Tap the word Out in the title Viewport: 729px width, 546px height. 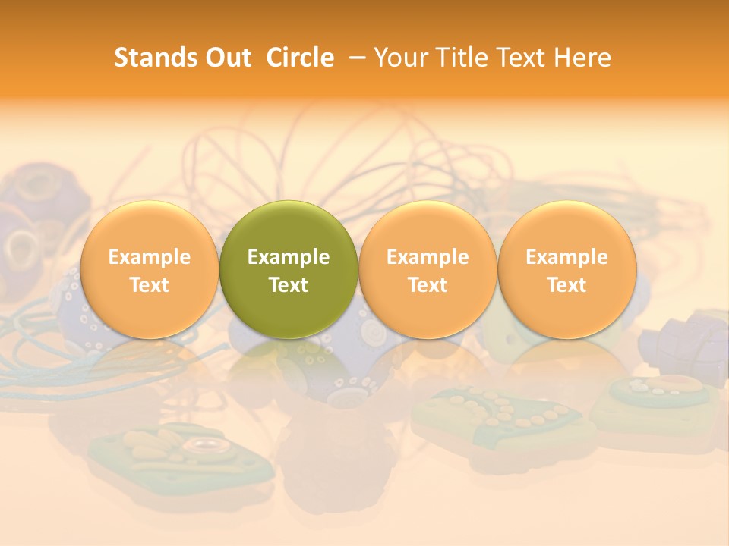click(226, 58)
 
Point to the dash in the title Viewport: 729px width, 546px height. click(354, 58)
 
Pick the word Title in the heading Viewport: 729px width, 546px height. click(460, 58)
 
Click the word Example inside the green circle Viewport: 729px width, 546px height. click(289, 257)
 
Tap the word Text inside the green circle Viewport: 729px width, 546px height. click(289, 285)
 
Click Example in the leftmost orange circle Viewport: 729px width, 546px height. click(150, 257)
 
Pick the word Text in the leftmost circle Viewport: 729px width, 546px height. click(150, 285)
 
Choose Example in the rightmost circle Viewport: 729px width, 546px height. click(566, 257)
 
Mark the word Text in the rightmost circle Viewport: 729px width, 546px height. click(566, 285)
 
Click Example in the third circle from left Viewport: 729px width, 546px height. click(428, 257)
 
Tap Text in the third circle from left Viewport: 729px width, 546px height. click(428, 285)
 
